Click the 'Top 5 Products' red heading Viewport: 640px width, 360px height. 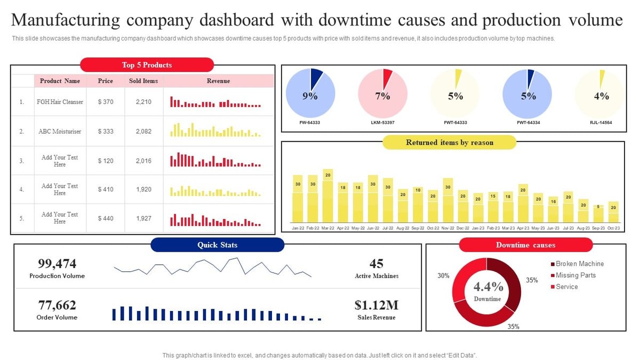tap(147, 65)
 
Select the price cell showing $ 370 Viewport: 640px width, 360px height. tap(106, 102)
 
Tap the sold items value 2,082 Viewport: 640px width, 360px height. tap(143, 131)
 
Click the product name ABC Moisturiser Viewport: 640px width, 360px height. tap(60, 131)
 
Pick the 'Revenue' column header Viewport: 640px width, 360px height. tap(218, 81)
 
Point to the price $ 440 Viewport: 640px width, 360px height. tap(106, 218)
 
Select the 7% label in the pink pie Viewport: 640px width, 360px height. tap(382, 97)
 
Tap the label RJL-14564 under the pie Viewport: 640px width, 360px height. tap(602, 123)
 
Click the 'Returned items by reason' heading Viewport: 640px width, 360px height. tap(450, 143)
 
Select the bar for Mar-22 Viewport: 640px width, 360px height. tap(328, 196)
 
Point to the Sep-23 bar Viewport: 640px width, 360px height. tap(599, 213)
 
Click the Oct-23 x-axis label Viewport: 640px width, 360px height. tap(614, 228)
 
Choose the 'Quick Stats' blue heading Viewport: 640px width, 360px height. tap(217, 245)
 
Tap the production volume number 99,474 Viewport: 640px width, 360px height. tap(57, 263)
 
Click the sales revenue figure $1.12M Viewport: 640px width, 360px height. tap(377, 305)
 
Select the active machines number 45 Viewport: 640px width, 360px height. tap(377, 263)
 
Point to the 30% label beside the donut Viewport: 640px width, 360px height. tap(443, 276)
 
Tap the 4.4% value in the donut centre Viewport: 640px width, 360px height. tap(487, 286)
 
